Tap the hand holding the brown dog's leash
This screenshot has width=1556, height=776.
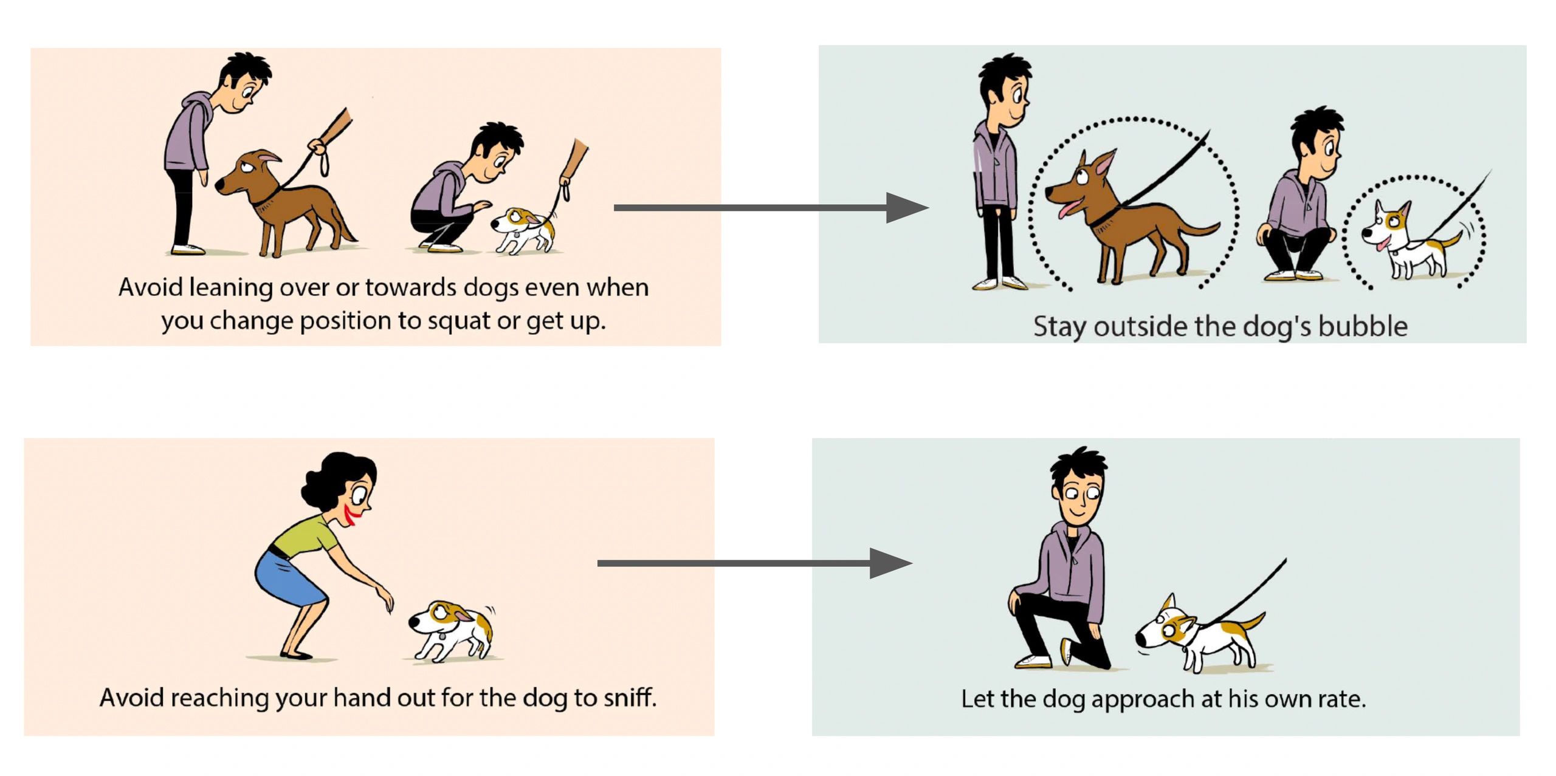pos(317,146)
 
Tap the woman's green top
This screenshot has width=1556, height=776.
pos(304,537)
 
